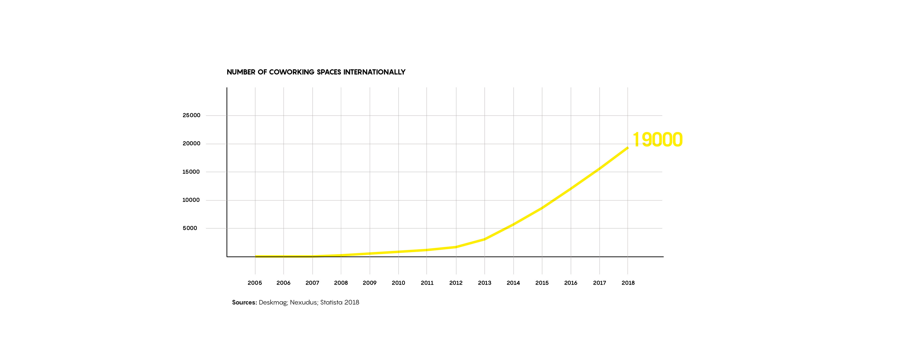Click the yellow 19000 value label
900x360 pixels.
[657, 140]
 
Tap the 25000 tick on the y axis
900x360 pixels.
[191, 115]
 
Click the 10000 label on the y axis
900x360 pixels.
[191, 200]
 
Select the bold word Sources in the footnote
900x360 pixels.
[244, 303]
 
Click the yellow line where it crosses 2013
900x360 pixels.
[485, 239]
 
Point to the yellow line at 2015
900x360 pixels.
[542, 208]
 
